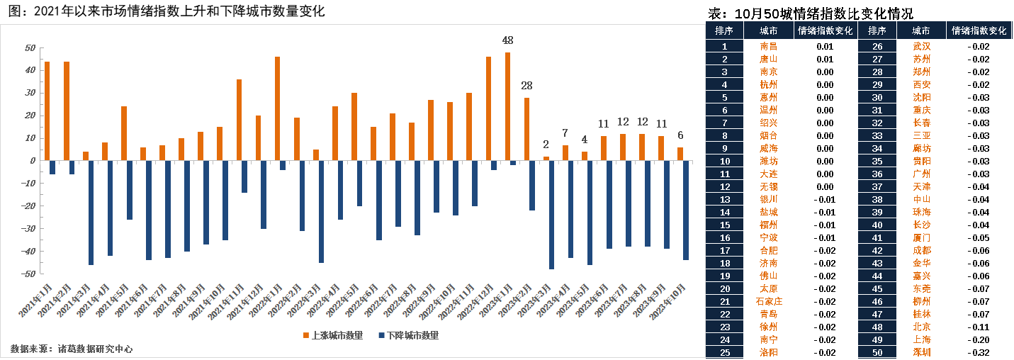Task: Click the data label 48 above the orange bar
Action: coord(507,40)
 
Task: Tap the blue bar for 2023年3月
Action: coord(551,215)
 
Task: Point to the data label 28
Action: coord(526,86)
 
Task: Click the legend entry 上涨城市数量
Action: coord(332,335)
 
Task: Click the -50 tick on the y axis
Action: coord(29,274)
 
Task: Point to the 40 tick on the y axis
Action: coord(30,70)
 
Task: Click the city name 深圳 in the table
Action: coord(922,352)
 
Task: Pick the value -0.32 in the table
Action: coord(978,352)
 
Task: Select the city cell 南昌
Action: coord(768,46)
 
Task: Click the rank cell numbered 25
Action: coord(724,352)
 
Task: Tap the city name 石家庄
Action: coord(768,301)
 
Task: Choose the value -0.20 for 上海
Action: coord(978,339)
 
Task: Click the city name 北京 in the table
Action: coord(922,327)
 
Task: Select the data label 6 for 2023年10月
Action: coord(680,135)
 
